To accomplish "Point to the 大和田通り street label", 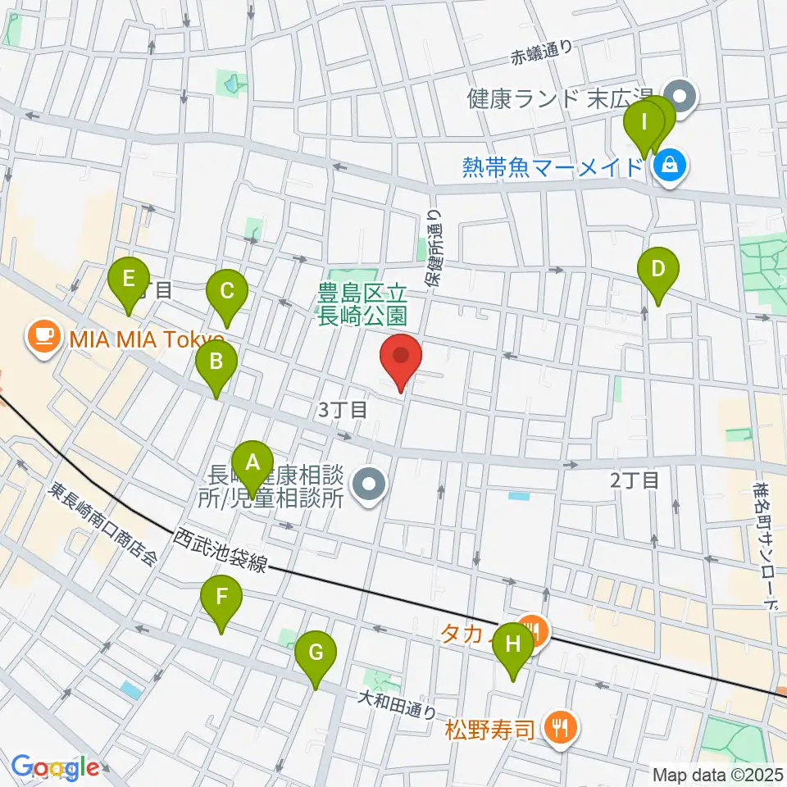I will pos(395,704).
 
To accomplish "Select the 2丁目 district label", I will pos(635,480).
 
